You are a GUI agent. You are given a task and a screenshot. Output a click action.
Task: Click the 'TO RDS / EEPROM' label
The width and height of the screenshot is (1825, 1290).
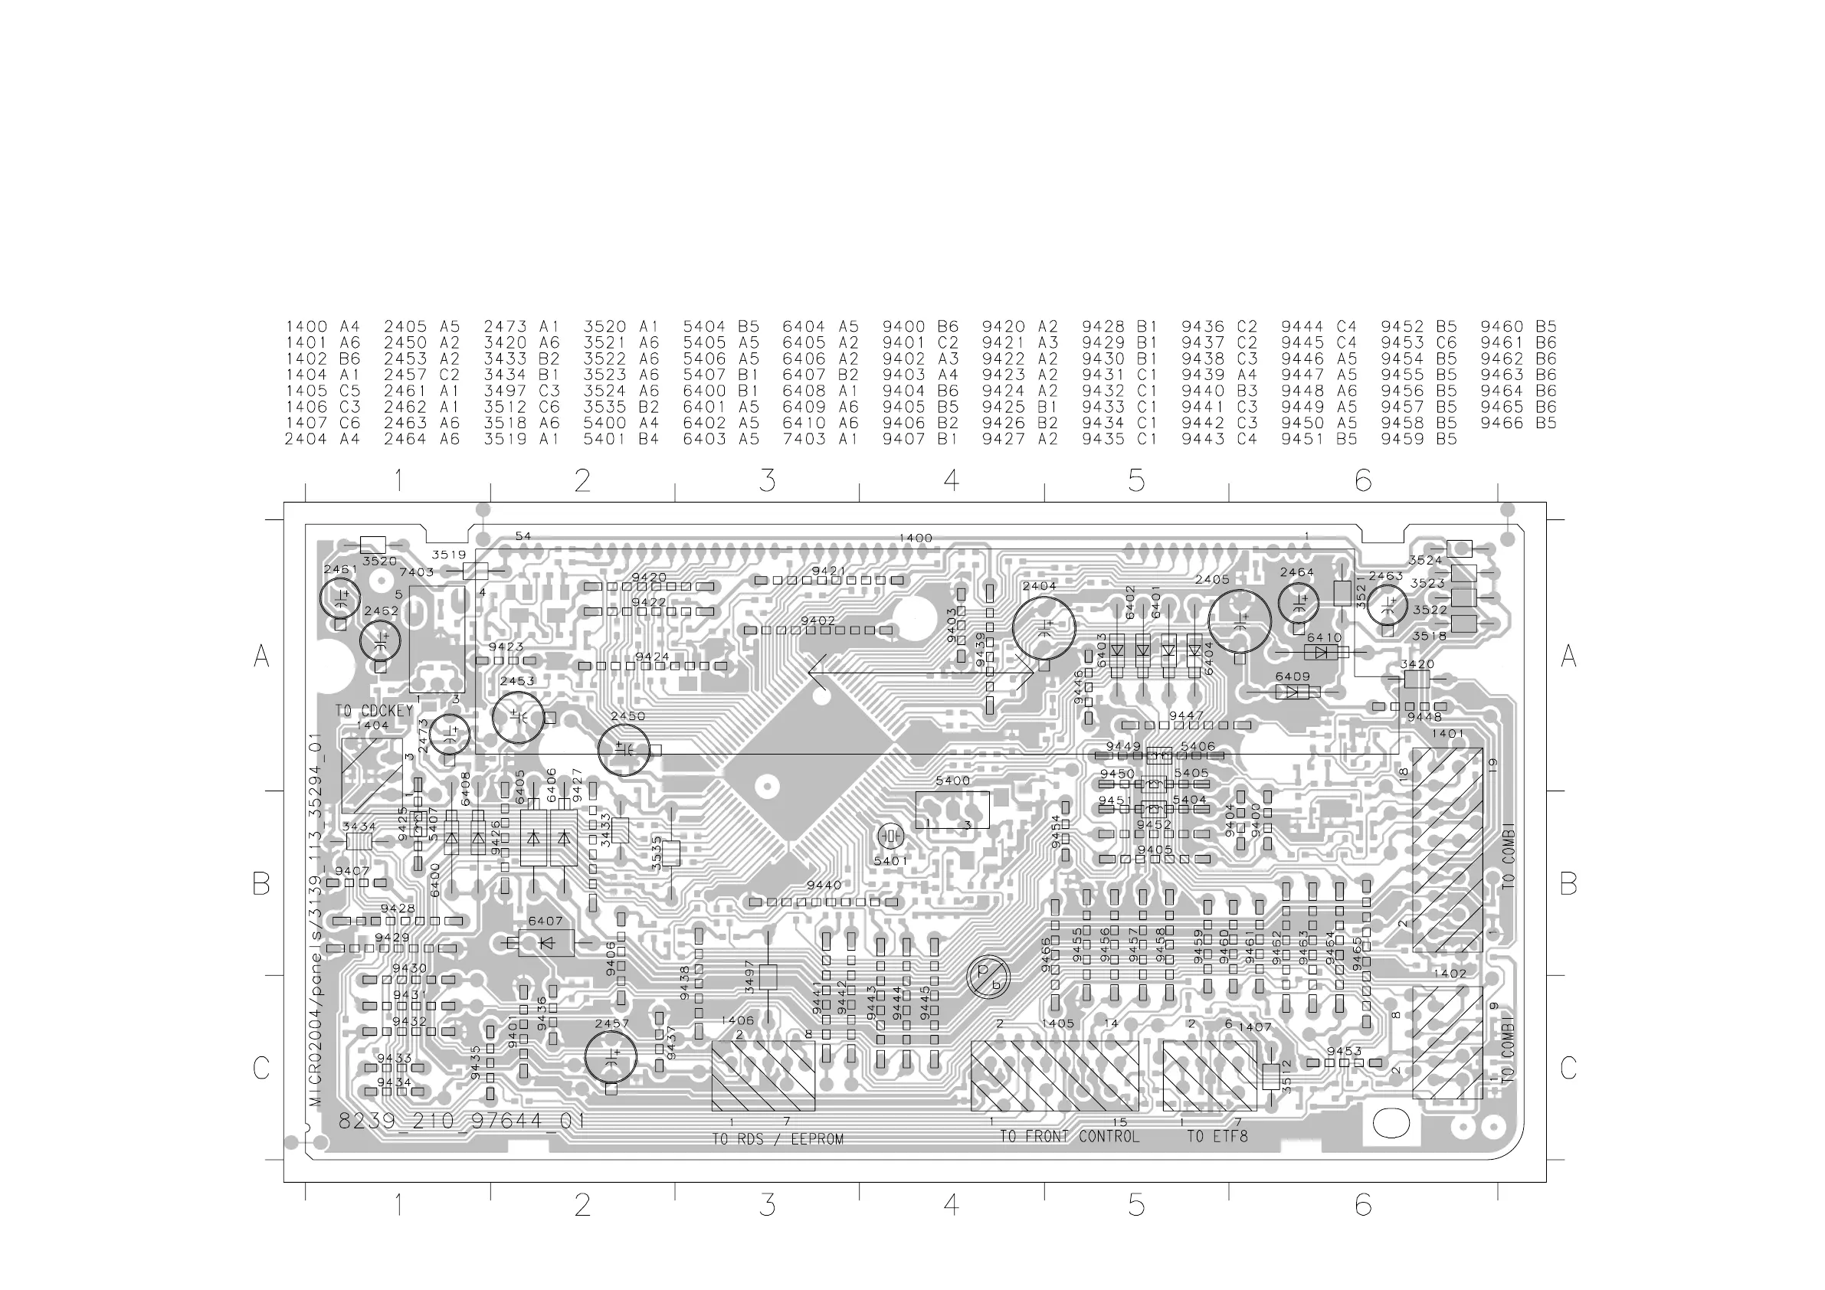point(777,1140)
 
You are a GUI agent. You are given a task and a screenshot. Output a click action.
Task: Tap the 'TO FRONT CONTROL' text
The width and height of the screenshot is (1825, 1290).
point(1069,1137)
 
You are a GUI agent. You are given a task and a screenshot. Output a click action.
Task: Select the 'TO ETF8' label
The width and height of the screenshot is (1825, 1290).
point(1217,1137)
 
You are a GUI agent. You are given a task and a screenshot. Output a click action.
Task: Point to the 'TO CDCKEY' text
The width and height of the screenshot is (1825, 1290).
point(374,711)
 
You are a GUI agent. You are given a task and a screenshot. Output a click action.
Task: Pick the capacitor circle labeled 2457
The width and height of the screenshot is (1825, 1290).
point(611,1056)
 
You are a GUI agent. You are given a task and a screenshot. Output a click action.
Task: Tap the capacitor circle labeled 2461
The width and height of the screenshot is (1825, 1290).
point(340,598)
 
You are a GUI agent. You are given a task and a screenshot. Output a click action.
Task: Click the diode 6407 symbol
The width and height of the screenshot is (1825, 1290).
point(546,944)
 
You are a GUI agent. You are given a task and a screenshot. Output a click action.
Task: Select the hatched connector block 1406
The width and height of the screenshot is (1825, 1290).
point(763,1076)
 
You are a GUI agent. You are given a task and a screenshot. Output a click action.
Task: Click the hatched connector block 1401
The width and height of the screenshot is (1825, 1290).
point(1447,850)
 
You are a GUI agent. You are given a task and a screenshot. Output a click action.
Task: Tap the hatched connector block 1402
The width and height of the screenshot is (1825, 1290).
point(1447,1043)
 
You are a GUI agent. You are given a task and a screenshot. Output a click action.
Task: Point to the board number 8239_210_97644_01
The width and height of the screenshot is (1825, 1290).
point(462,1121)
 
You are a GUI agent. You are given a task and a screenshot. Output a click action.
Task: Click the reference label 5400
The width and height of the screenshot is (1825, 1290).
point(952,781)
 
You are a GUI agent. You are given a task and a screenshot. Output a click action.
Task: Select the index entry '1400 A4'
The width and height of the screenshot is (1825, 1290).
point(323,326)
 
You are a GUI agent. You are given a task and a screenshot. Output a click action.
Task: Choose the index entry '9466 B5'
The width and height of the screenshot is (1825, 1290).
point(1519,423)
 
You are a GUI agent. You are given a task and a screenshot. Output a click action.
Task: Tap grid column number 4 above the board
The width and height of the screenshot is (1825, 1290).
point(952,480)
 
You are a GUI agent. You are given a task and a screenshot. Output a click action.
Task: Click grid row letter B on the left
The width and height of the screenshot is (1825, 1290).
point(260,884)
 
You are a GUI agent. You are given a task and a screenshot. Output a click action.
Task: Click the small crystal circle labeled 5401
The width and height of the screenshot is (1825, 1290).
point(891,837)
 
